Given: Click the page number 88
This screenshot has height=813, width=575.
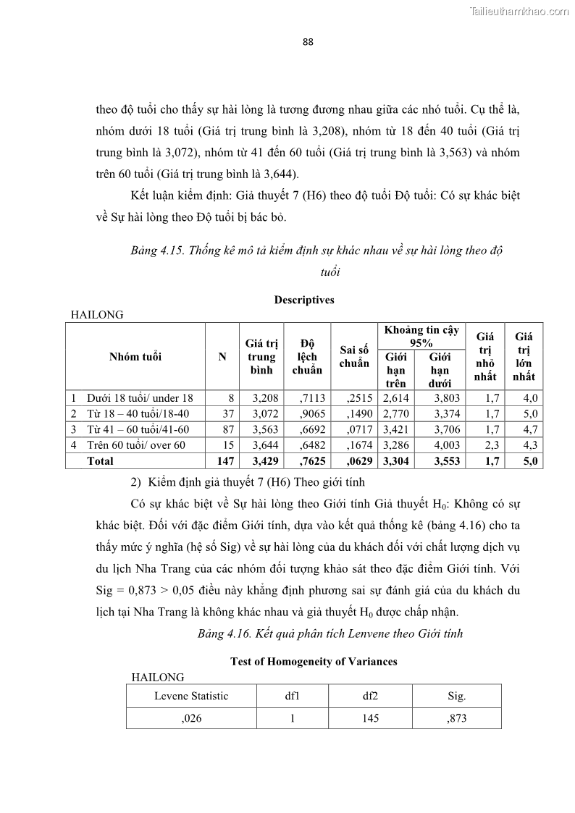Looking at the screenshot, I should (x=308, y=42).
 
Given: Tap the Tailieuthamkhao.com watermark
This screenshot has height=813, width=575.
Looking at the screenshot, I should (x=519, y=11).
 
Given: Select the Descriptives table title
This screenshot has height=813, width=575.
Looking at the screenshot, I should (x=304, y=300).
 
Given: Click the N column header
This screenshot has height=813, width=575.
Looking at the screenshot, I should (x=222, y=356).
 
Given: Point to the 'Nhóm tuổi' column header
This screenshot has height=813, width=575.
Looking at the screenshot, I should (x=135, y=356).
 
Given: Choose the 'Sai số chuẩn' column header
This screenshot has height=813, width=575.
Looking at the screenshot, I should (x=354, y=356).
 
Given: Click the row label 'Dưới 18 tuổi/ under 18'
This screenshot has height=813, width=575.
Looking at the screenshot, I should (x=140, y=397).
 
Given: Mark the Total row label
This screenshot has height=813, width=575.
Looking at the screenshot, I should (x=100, y=461).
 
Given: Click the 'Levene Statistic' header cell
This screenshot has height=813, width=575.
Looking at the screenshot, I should (x=191, y=696).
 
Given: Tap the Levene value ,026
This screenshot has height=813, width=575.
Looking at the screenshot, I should (x=191, y=717).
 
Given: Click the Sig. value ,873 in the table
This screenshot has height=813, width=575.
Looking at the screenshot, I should (x=456, y=717).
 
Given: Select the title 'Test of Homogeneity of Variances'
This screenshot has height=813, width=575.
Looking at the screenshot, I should (x=314, y=661).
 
